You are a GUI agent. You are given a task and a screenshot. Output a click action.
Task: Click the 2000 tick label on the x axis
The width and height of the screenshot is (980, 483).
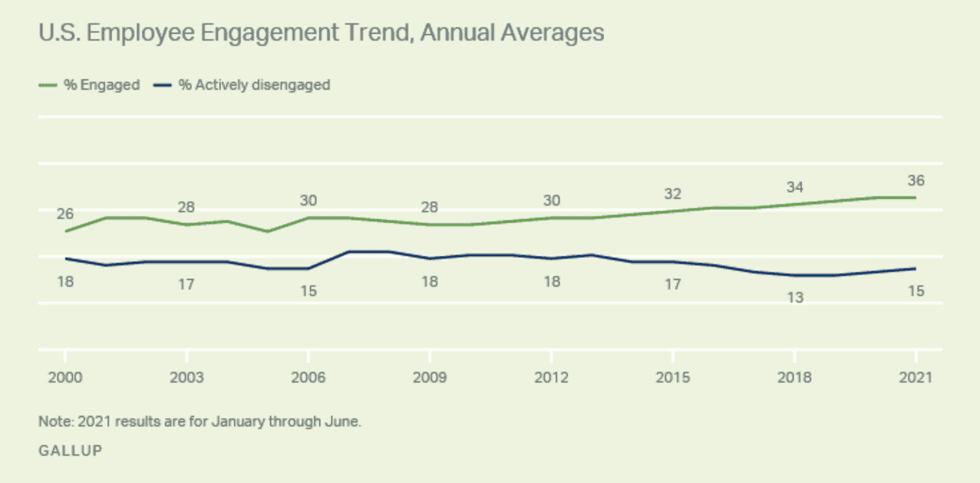click(x=64, y=377)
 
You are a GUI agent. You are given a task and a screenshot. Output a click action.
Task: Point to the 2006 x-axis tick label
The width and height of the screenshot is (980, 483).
click(x=308, y=377)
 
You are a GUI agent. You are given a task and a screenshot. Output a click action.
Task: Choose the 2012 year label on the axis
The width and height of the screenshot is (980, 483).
click(x=551, y=377)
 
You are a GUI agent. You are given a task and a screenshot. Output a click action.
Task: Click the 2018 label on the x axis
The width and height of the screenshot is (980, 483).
click(x=795, y=377)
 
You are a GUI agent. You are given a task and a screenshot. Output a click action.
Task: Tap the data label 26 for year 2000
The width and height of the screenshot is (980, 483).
click(x=64, y=214)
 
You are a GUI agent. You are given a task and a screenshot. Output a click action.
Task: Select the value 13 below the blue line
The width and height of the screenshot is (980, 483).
click(x=795, y=297)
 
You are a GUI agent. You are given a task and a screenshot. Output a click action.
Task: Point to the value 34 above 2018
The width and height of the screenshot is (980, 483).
click(x=795, y=187)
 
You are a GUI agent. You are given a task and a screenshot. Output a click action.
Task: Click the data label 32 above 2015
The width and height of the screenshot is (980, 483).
click(x=673, y=194)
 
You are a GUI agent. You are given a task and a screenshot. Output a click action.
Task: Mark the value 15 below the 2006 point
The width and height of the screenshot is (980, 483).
click(x=308, y=291)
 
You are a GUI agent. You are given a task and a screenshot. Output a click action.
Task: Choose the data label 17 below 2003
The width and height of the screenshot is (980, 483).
click(x=186, y=284)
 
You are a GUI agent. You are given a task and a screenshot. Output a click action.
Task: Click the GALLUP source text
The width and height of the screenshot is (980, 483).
click(x=70, y=450)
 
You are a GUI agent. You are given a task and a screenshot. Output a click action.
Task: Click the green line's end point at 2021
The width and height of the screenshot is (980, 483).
click(x=916, y=198)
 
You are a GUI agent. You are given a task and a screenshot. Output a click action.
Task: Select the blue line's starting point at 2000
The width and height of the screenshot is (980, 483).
click(x=64, y=258)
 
